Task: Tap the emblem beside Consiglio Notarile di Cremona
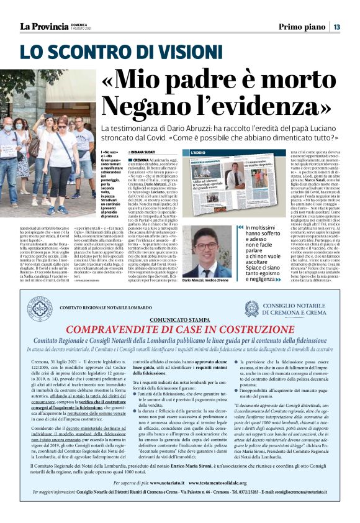click(x=251, y=309)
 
